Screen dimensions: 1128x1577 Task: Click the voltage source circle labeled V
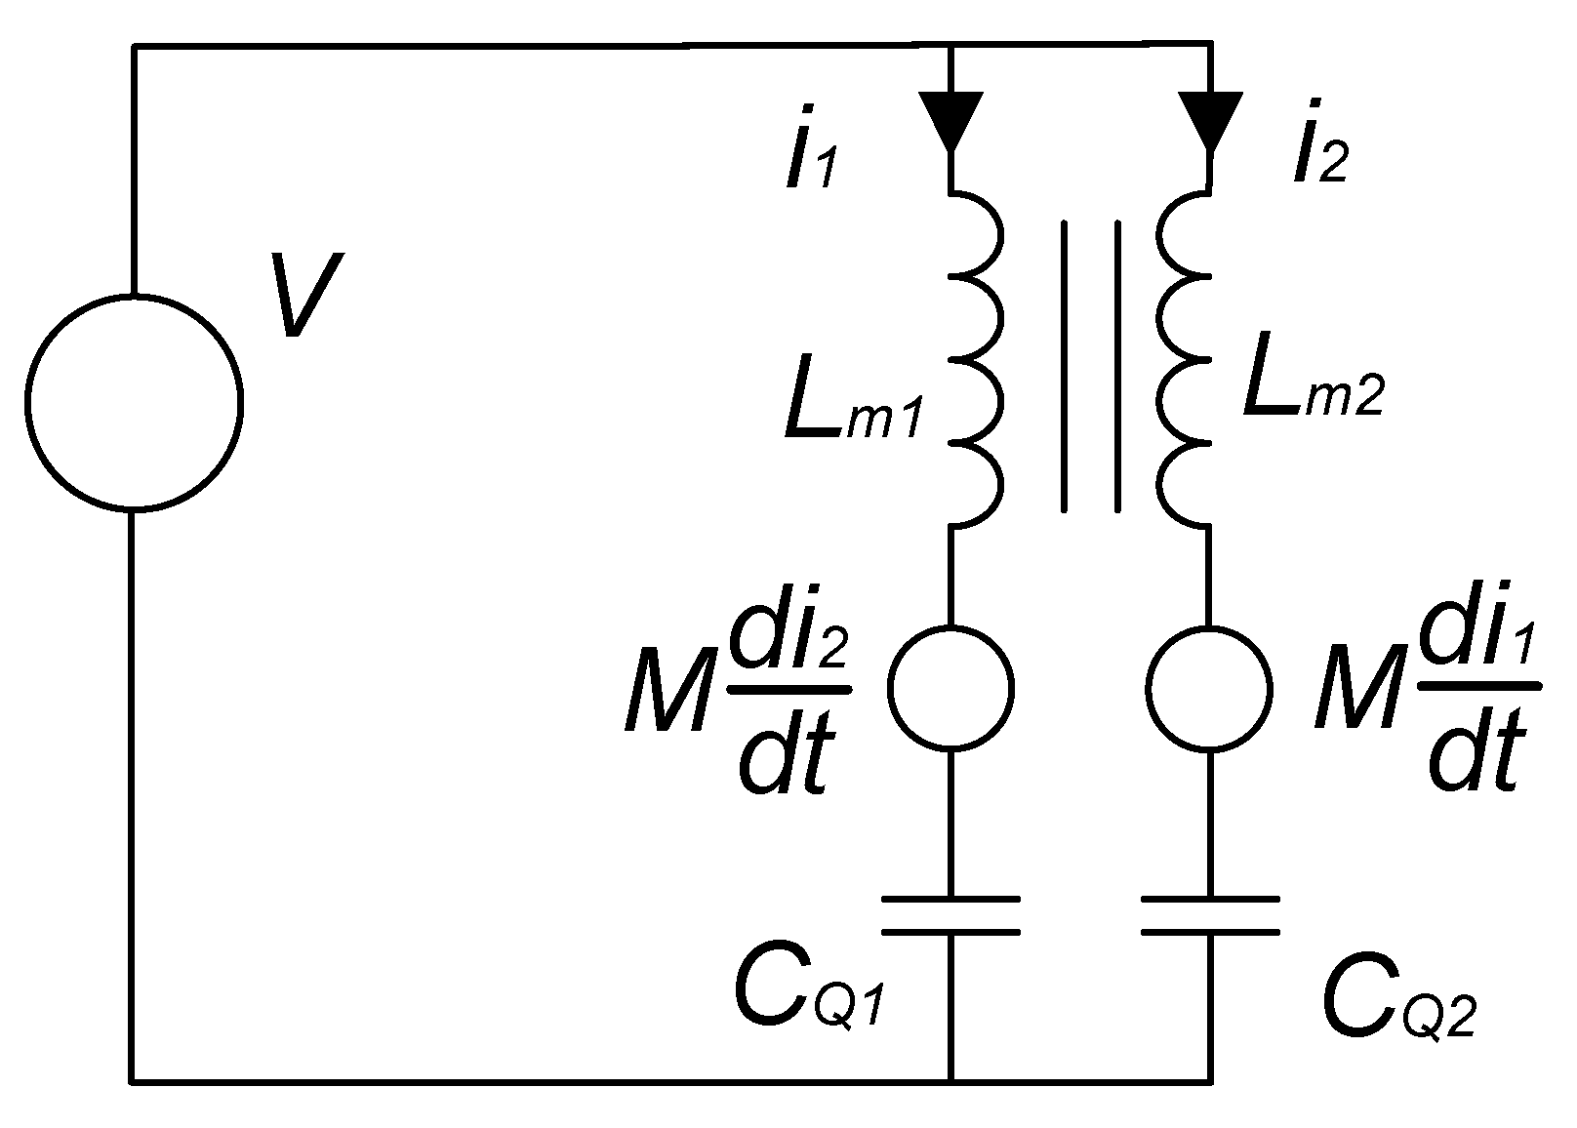(x=134, y=401)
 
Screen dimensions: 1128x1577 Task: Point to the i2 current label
(x=1319, y=156)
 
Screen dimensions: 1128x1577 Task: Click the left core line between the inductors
(x=1065, y=366)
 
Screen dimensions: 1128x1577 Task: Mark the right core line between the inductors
(x=1117, y=366)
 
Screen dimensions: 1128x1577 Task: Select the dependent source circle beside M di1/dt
(x=1210, y=688)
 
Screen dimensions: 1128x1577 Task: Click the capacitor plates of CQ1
(x=950, y=915)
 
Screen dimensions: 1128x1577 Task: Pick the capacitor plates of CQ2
(x=1210, y=915)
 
